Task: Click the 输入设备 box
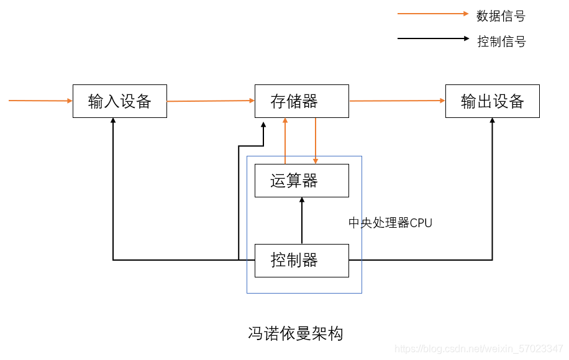point(120,101)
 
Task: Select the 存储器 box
point(301,101)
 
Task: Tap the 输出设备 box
point(492,101)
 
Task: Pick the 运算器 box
point(301,181)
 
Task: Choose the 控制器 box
point(301,260)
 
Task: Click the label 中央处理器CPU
point(390,223)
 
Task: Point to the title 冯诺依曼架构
point(295,333)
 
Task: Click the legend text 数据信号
point(501,16)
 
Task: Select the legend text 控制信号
point(501,42)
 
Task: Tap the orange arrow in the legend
point(433,13)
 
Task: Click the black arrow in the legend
point(433,38)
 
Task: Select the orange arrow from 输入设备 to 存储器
point(211,101)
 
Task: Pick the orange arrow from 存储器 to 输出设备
point(397,101)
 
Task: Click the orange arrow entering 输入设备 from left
point(40,101)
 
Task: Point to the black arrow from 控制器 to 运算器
point(302,220)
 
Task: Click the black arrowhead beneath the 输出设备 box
point(493,122)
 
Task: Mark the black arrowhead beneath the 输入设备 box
point(113,122)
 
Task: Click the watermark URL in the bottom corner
point(478,349)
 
